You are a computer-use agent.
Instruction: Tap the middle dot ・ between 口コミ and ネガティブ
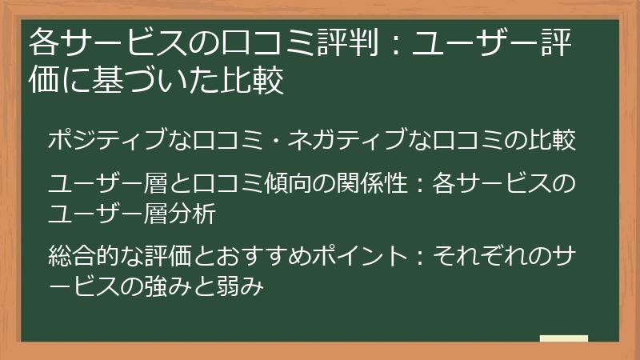pyautogui.click(x=296, y=139)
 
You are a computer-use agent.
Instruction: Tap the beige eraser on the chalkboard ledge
pyautogui.click(x=564, y=339)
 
